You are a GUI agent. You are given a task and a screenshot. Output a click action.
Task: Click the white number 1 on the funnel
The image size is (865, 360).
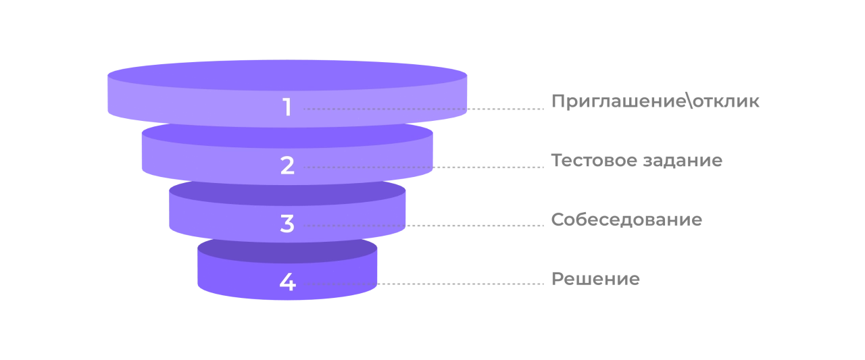click(287, 107)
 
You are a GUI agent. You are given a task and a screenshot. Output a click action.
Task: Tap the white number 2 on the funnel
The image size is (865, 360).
click(287, 165)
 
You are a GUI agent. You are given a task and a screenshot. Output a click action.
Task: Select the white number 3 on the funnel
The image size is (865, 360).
click(287, 224)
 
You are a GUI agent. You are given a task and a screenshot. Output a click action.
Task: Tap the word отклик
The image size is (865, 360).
click(726, 101)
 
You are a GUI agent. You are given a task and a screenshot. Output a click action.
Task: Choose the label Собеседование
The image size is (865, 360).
click(626, 220)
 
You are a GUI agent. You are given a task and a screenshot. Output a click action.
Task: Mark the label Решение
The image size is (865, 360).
click(595, 278)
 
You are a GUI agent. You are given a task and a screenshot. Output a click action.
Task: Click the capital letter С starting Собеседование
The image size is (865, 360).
click(558, 220)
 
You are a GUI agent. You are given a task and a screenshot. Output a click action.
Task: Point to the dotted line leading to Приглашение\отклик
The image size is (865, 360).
click(424, 109)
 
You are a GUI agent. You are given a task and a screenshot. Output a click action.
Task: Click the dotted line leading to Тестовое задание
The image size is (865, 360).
click(424, 167)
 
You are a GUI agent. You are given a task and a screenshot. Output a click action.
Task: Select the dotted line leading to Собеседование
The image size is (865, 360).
click(424, 226)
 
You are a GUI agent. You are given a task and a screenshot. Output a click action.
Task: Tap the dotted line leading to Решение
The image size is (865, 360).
click(424, 284)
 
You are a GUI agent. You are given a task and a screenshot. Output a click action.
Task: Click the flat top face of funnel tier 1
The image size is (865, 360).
click(287, 75)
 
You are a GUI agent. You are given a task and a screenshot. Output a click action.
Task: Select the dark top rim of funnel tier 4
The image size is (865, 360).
click(287, 253)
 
